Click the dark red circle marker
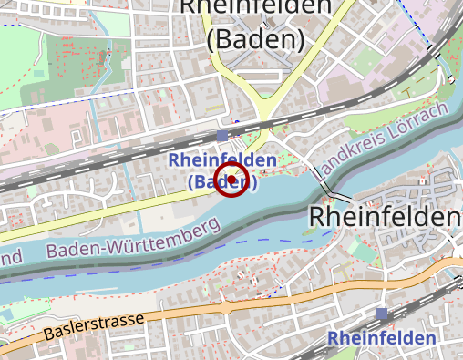(231, 180)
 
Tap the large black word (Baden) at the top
(255, 39)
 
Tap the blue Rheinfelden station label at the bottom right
(381, 338)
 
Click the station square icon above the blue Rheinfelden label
(381, 314)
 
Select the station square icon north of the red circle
(222, 137)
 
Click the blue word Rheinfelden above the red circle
(222, 161)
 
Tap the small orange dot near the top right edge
(449, 80)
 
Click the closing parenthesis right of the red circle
(253, 182)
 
